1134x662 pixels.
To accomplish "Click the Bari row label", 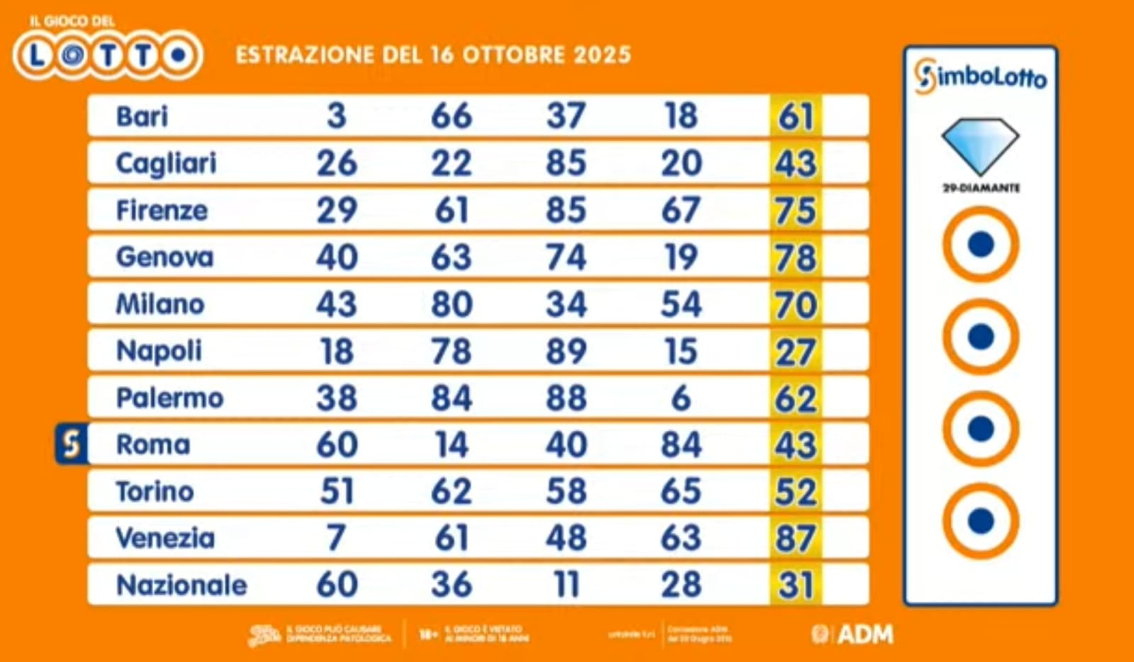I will coord(142,116).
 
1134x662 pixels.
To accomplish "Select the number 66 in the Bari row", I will coord(451,116).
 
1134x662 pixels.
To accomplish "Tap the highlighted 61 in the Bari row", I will coord(796,117).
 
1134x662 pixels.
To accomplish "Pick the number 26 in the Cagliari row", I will coord(337,163).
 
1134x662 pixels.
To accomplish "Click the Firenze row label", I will coord(162,211).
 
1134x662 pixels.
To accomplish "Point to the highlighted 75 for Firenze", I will coord(796,211).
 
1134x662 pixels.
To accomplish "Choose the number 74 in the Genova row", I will coord(566,257).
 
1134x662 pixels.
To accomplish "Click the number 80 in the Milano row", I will coord(451,304).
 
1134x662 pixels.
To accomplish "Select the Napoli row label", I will coord(159,352).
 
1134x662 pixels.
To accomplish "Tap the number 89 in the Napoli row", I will coord(566,352).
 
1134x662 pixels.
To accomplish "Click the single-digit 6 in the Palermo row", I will coord(680,398).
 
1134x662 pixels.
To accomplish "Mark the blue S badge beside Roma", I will coord(72,444).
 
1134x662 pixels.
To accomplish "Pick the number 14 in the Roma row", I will coord(451,445).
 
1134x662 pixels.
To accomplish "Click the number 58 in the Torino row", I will coord(566,492).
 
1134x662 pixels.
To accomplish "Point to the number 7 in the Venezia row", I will coord(337,539).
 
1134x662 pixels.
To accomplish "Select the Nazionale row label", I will coord(181,585).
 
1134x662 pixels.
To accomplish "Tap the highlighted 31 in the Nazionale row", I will coord(796,585).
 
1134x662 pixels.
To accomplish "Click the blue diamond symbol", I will coord(980,145).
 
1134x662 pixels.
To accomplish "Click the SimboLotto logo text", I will coord(980,77).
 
